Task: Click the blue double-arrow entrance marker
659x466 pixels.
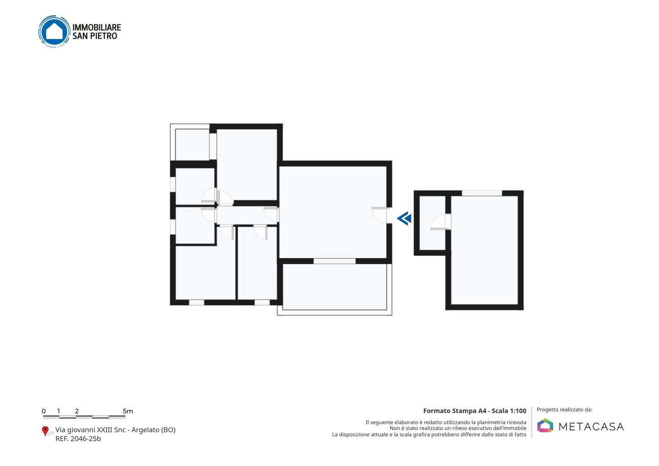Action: coord(404,219)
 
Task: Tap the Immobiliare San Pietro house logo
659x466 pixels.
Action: coord(54,32)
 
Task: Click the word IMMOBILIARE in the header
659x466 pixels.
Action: coord(97,27)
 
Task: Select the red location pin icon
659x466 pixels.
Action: coord(45,431)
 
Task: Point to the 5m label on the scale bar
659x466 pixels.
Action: coord(128,411)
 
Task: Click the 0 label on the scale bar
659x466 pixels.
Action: coord(44,411)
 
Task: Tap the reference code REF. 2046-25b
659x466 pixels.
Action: coord(78,439)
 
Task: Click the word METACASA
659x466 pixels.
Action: coord(591,427)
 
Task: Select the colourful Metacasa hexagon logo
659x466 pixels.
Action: coord(545,425)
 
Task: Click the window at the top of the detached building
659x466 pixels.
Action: coord(482,193)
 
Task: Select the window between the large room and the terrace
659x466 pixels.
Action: coord(335,261)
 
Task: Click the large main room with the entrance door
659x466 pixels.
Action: coord(333,212)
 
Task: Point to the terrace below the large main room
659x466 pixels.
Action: coord(335,287)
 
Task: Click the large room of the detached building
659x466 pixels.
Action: coord(485,250)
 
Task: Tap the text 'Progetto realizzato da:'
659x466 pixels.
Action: coord(565,410)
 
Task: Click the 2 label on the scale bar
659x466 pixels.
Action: coord(77,411)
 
